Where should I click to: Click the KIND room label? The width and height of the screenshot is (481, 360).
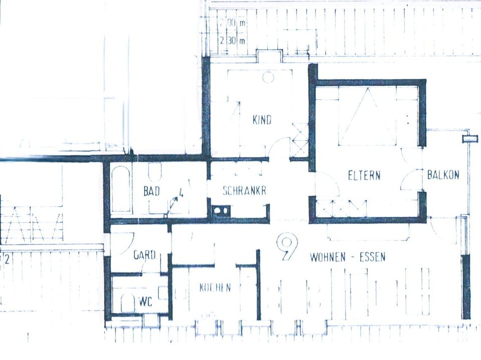(262, 120)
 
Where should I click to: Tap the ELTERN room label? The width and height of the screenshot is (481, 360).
(364, 175)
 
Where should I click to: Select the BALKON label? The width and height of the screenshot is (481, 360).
(443, 175)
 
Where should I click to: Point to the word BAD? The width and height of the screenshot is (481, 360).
(152, 191)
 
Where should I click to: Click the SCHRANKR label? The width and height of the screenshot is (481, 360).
(244, 191)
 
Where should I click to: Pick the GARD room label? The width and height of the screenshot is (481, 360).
(144, 255)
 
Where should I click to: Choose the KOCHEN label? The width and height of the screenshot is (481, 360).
(215, 288)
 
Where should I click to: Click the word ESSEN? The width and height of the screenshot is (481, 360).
(371, 258)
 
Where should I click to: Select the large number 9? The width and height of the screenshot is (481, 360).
(288, 247)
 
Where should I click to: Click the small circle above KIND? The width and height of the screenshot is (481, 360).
(268, 77)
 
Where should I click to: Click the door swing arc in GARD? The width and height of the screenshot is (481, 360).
(127, 240)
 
